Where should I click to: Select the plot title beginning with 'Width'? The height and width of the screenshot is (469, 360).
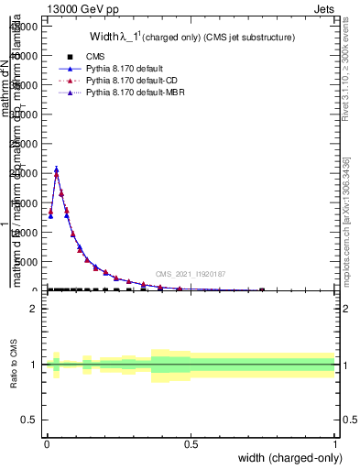pos(191,38)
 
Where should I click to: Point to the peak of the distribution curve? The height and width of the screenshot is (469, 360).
pos(56,169)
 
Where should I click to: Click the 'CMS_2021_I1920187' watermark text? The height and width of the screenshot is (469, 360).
pos(190,274)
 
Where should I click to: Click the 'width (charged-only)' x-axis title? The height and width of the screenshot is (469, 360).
pos(289,457)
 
